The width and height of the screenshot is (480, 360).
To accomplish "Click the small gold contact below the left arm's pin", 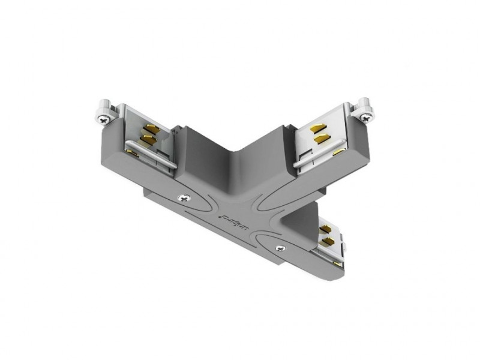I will tap(133, 155).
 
